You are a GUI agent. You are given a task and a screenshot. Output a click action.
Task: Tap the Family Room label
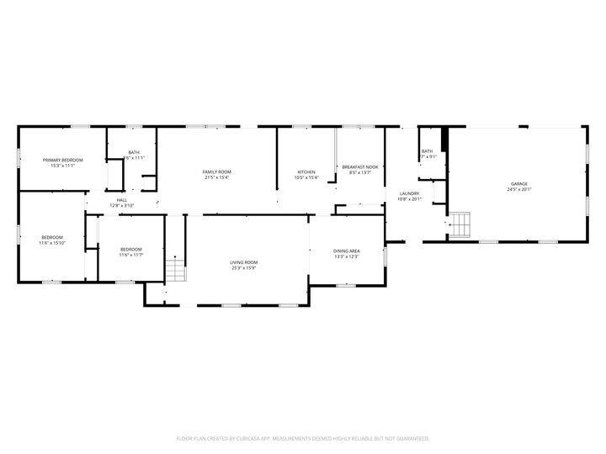tap(216, 172)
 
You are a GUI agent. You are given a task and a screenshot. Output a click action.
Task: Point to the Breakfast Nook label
tap(360, 167)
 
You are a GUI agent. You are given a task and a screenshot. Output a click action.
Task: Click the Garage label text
tap(519, 183)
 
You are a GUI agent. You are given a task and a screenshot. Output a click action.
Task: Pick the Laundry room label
tap(408, 193)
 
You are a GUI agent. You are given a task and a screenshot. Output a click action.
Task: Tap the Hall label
tap(121, 200)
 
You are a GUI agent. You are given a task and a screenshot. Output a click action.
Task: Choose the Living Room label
tap(244, 262)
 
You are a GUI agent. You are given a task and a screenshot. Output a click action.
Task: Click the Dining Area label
tap(347, 251)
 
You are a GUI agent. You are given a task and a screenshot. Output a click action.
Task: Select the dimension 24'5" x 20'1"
tap(519, 189)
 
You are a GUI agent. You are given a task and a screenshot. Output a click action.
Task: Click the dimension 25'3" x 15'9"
tap(244, 268)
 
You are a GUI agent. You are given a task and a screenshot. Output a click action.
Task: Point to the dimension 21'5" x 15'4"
tap(216, 177)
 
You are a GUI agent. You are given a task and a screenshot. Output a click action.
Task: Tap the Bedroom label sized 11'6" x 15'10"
tap(52, 237)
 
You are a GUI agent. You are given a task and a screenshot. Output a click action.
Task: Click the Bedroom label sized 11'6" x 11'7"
tap(130, 249)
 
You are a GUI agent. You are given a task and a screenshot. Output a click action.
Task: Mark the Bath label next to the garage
tap(428, 151)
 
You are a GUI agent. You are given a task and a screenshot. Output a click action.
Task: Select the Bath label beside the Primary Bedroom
tap(134, 152)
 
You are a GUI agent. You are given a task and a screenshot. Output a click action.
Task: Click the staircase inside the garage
tap(460, 225)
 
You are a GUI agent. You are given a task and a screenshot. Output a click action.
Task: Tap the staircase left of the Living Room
tap(174, 271)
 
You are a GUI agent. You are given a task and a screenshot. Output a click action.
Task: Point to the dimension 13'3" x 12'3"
tap(347, 256)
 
